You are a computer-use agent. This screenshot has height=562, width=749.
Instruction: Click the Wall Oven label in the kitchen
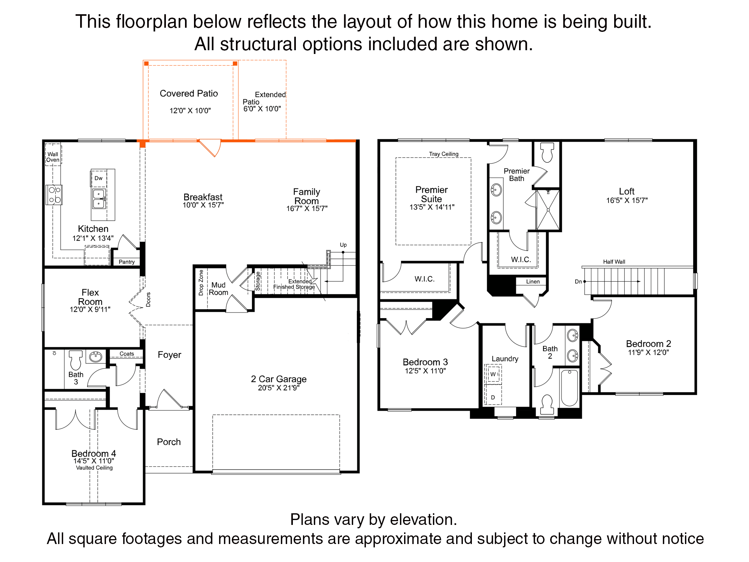point(53,157)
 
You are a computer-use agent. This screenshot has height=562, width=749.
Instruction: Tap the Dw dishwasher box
point(98,178)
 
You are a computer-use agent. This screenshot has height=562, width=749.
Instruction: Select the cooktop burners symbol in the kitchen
point(54,195)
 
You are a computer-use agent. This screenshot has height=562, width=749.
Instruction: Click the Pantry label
point(127,262)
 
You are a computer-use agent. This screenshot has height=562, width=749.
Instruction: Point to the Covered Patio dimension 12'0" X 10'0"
point(190,111)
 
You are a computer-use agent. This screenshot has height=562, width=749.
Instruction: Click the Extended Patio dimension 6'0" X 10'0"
point(262,109)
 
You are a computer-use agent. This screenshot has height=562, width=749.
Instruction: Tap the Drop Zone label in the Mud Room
point(201,282)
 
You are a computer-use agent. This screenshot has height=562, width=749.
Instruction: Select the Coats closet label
point(127,354)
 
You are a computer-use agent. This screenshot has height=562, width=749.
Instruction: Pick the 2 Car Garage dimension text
point(279,388)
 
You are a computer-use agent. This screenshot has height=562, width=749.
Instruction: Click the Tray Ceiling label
point(444,154)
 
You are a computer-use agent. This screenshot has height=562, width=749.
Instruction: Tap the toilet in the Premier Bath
point(547,152)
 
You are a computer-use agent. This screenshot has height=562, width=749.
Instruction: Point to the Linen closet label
point(533,282)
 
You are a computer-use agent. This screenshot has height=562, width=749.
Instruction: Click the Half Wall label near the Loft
point(614,262)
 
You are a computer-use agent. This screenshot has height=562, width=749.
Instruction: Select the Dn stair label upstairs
point(578,282)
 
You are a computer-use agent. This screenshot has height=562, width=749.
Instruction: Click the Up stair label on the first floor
point(343,245)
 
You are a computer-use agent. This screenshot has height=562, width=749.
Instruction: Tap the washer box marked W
point(493,374)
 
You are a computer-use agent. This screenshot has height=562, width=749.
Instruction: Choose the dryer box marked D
point(493,397)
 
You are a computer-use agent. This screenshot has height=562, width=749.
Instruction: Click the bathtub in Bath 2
point(570,388)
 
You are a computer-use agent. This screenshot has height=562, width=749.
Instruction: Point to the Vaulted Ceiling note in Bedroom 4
point(94,468)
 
